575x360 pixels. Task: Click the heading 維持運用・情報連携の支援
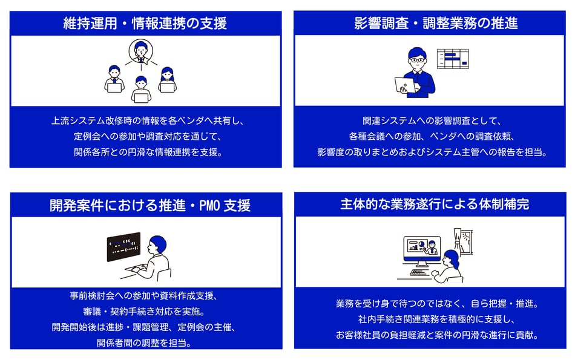click(145, 24)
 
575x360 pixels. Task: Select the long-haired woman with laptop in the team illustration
click(167, 80)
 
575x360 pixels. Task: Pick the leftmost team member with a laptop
click(114, 79)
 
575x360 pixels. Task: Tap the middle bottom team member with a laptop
click(141, 90)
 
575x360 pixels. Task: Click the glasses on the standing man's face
click(418, 60)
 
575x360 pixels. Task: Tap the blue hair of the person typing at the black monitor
click(158, 243)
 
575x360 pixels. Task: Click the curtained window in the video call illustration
click(464, 241)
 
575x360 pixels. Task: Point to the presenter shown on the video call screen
click(432, 247)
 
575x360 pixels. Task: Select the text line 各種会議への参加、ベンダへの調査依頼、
click(432, 136)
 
